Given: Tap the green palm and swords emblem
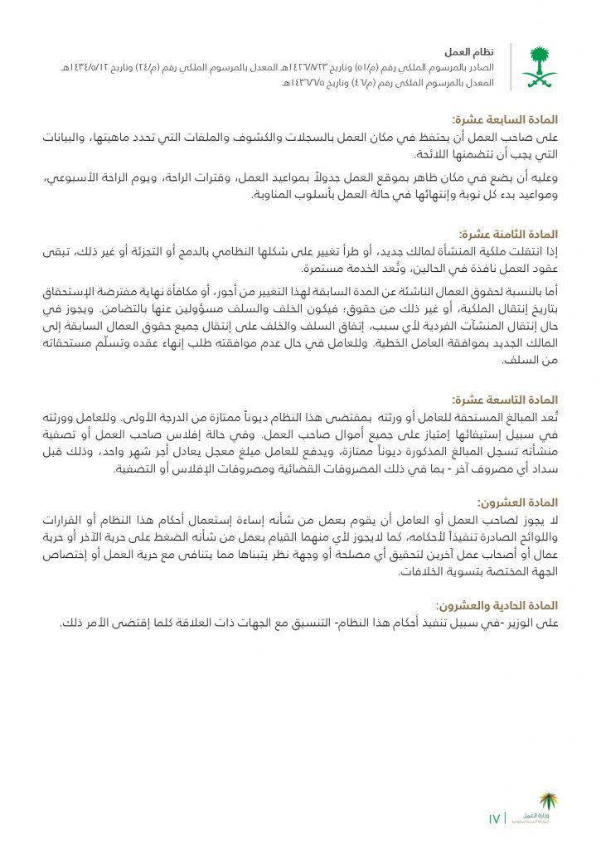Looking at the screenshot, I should (x=538, y=66).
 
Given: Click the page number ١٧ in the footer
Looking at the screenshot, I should (x=494, y=819).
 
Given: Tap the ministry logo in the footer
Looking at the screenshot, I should (x=538, y=808).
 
